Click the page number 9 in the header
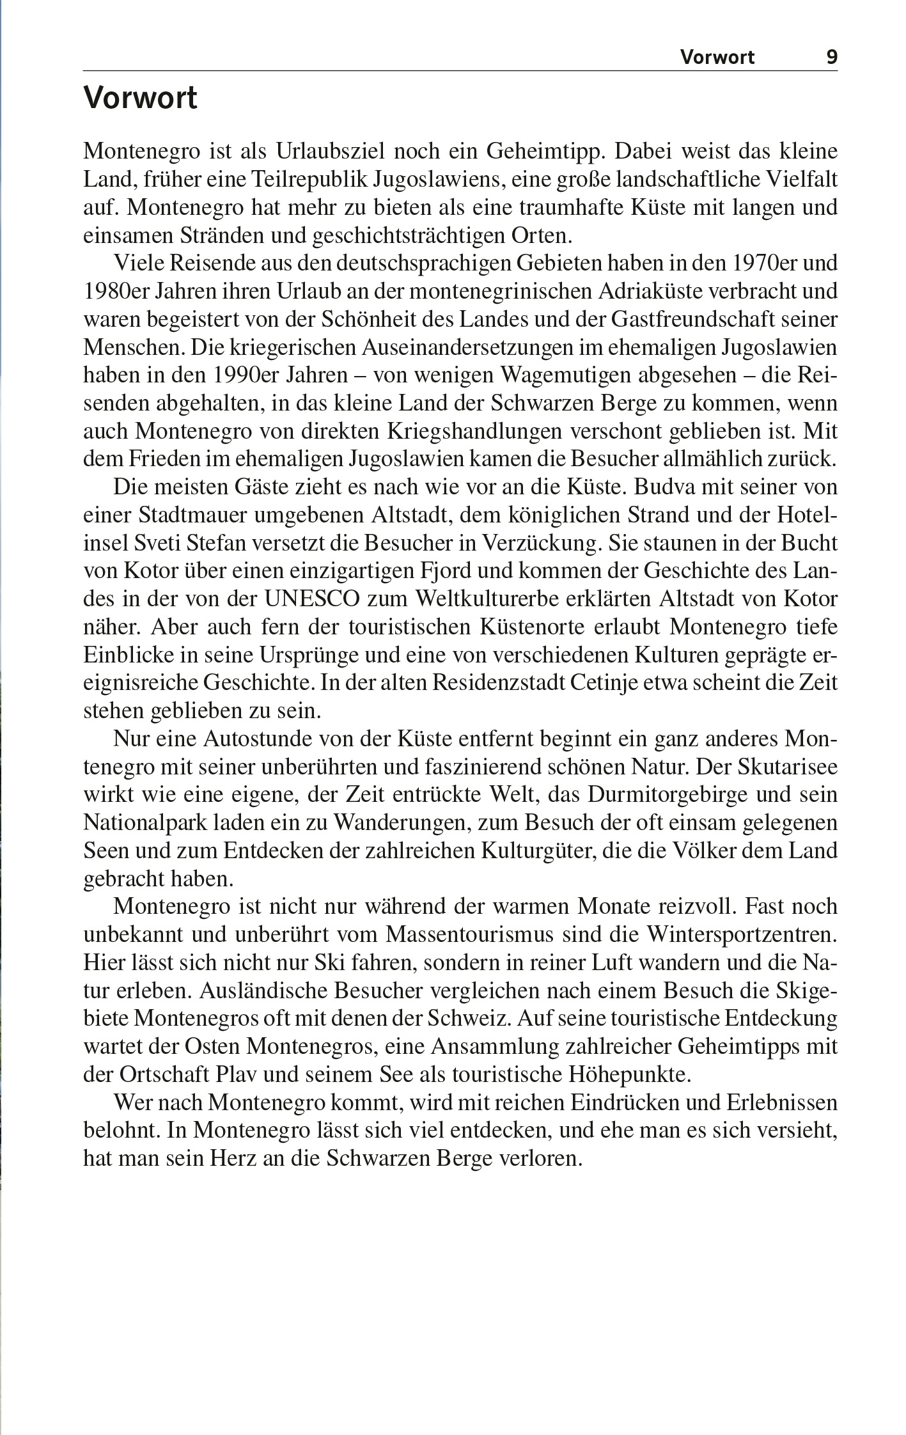pyautogui.click(x=831, y=58)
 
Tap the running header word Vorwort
pyautogui.click(x=717, y=58)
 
